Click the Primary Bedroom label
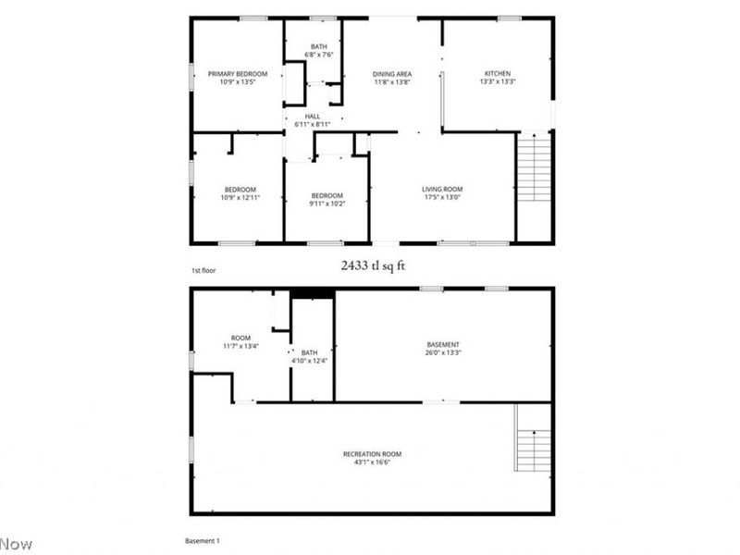point(237,74)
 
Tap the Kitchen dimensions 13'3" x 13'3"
point(497,82)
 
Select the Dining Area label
point(391,74)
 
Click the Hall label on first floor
point(312,116)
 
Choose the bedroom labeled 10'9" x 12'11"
point(237,194)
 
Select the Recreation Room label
point(372,454)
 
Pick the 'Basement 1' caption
point(203,540)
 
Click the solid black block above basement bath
point(313,294)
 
